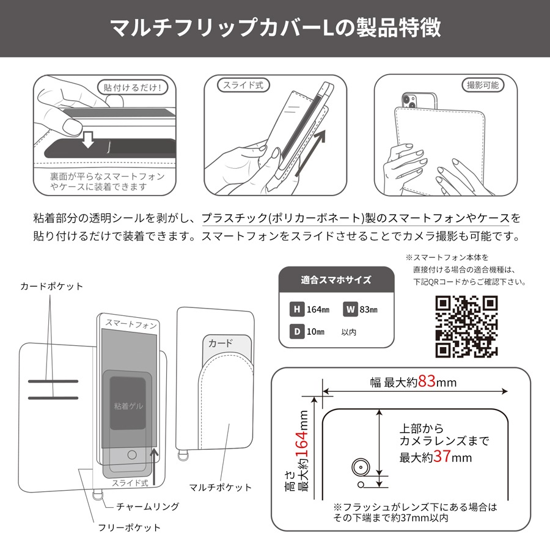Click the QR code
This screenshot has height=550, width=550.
pyautogui.click(x=466, y=326)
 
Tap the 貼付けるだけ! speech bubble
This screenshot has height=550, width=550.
pyautogui.click(x=133, y=87)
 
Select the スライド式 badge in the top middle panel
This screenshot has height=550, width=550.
pyautogui.click(x=243, y=85)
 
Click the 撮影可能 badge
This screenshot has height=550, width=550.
pyautogui.click(x=483, y=85)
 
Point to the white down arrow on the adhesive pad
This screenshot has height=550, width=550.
pyautogui.click(x=87, y=140)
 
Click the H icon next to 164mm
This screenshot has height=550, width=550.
pyautogui.click(x=297, y=309)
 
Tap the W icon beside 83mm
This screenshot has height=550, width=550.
pyautogui.click(x=350, y=309)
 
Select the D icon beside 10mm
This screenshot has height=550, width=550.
pyautogui.click(x=297, y=331)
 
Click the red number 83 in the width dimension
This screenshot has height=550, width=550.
pyautogui.click(x=427, y=381)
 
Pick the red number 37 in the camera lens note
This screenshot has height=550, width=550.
pyautogui.click(x=442, y=457)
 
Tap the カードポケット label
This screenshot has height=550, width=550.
pyautogui.click(x=51, y=286)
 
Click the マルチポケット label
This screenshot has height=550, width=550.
pyautogui.click(x=220, y=487)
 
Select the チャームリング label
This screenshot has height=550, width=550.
pyautogui.click(x=148, y=506)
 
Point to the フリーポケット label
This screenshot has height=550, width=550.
pyautogui.click(x=129, y=527)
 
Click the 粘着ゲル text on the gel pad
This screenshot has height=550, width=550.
pyautogui.click(x=128, y=406)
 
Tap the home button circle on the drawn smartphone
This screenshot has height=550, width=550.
pyautogui.click(x=132, y=455)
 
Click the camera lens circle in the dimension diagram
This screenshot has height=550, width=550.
pyautogui.click(x=361, y=468)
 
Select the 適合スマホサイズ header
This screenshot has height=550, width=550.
pyautogui.click(x=336, y=280)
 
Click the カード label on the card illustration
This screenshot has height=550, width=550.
pyautogui.click(x=220, y=343)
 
